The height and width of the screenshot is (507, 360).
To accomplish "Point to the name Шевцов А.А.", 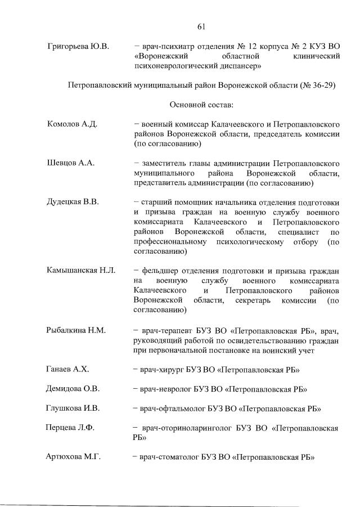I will click(x=70, y=163).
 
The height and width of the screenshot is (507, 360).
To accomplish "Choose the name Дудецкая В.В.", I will click(x=73, y=203).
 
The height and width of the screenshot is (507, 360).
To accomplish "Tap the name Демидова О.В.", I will click(x=73, y=389).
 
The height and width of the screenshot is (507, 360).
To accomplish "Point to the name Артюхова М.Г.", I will click(x=73, y=457).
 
